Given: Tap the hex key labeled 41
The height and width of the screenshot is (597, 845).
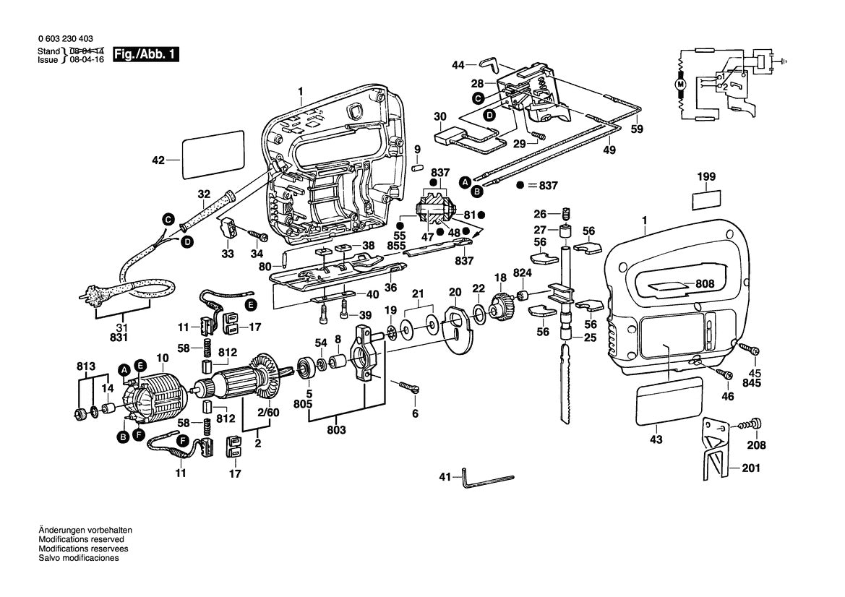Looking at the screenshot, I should [485, 478].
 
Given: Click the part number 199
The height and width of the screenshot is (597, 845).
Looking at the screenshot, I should [706, 176].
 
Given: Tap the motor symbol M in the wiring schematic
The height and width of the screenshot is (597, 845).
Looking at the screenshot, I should [680, 85].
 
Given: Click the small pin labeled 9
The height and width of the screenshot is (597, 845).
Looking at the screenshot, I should [417, 168].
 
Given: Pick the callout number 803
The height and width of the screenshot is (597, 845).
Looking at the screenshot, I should [336, 429].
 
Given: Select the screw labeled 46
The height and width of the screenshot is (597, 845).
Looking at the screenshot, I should [726, 374].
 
